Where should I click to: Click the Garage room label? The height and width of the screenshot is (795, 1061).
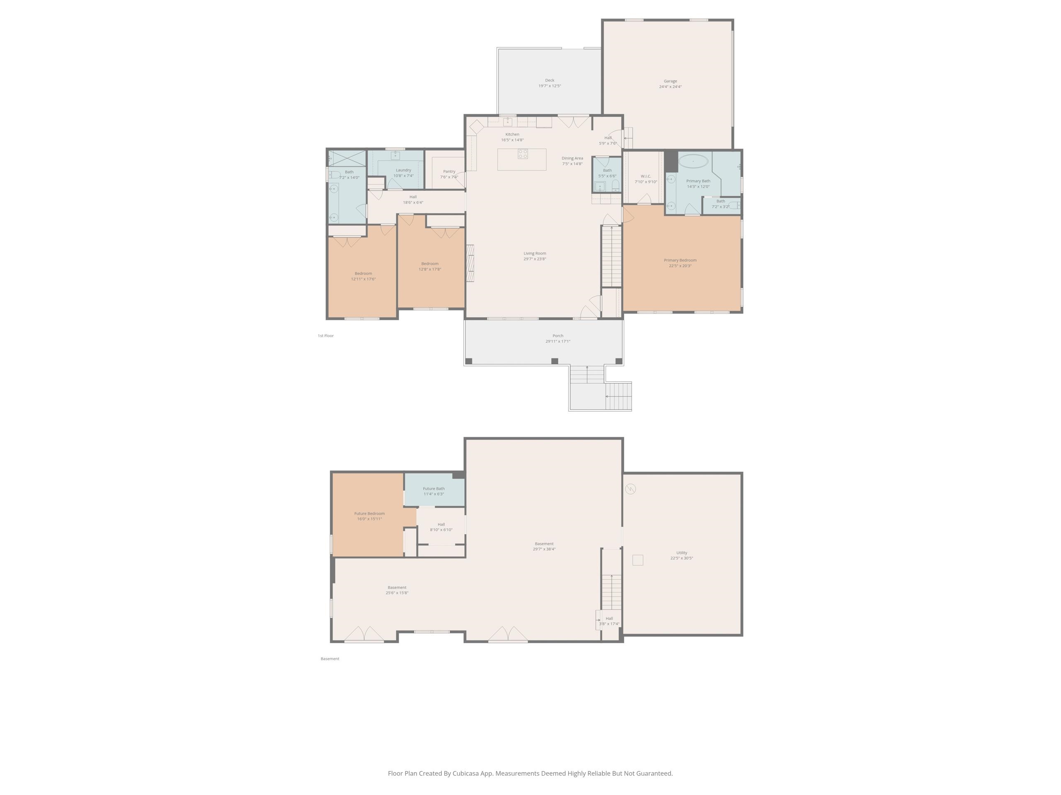click(670, 81)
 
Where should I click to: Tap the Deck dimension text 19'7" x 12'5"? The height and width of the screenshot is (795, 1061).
click(549, 86)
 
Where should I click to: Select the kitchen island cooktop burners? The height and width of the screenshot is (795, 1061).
click(522, 154)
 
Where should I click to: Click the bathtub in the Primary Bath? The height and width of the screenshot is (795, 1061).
click(693, 161)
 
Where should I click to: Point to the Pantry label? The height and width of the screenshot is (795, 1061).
click(449, 171)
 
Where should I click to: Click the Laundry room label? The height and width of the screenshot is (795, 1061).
click(403, 170)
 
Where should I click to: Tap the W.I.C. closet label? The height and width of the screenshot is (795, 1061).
click(645, 176)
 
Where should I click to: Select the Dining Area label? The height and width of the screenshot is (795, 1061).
click(572, 158)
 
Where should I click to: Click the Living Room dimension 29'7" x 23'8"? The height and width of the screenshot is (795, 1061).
click(534, 259)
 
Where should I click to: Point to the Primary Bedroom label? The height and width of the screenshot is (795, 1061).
click(680, 260)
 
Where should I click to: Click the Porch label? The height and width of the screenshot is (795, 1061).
click(557, 336)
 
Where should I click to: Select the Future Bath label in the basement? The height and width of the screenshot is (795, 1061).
click(433, 489)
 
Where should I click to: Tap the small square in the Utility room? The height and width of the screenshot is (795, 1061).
click(637, 560)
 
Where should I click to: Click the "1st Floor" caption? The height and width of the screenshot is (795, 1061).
click(325, 336)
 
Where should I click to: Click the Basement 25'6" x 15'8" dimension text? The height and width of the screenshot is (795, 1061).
click(397, 593)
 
